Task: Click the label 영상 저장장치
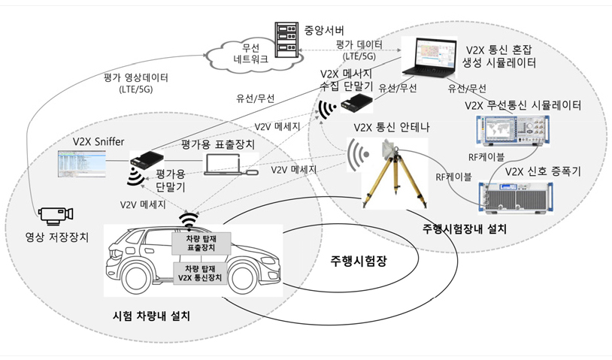[x=57, y=237]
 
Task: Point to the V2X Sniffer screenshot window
[x=81, y=163]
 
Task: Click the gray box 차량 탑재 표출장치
[x=201, y=243]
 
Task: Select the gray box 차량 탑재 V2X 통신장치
[x=200, y=273]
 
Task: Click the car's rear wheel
[x=135, y=277]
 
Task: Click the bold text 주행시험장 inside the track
[x=359, y=261]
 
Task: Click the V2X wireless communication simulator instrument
[x=513, y=130]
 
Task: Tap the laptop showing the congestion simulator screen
[x=429, y=57]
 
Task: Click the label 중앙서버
[x=323, y=30]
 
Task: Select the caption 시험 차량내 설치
[x=151, y=316]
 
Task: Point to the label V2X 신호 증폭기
[x=543, y=171]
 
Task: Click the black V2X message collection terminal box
[x=356, y=103]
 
